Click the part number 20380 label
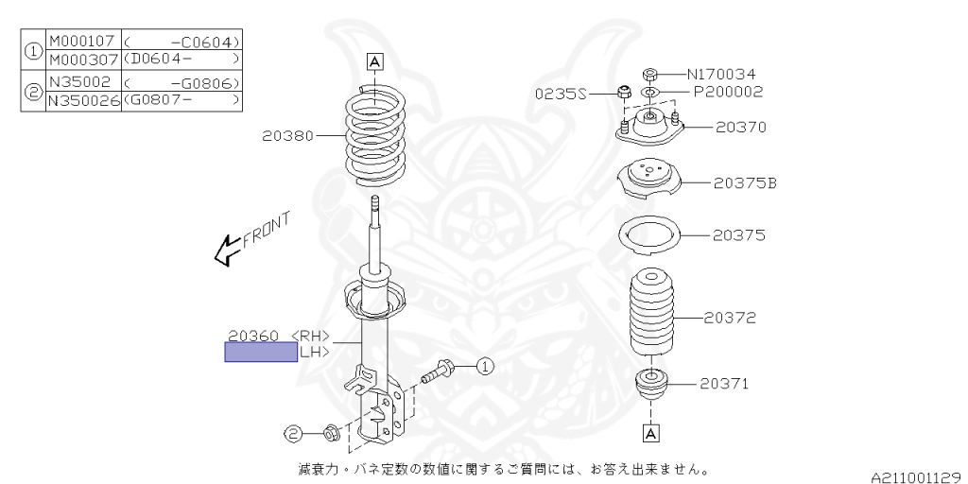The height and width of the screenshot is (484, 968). pos(288,136)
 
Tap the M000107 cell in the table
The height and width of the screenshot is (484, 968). pos(83,42)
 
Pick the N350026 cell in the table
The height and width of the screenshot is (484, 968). pos(84,100)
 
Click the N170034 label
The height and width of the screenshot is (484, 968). pos(721,75)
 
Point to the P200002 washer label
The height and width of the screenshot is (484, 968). pos(729,92)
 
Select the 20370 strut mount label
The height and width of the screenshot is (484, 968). pos(741,128)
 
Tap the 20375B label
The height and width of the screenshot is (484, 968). pos(745,183)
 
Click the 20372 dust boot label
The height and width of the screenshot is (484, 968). pos(730,318)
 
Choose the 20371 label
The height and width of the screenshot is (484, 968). pos(724,384)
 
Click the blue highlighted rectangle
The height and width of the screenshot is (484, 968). pos(261,352)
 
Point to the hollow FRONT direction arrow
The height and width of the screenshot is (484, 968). pos(227,250)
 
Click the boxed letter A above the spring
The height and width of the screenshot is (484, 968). pos(375,61)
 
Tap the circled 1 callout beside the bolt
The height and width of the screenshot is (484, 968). pos(486,368)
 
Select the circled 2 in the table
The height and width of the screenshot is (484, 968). pos(34,90)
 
